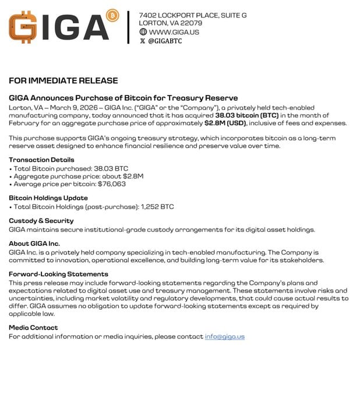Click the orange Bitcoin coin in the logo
point(113,15)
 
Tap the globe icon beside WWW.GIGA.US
point(143,32)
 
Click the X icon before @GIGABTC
point(143,41)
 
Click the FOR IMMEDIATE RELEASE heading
point(63,80)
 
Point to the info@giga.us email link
point(224,337)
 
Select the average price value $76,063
point(111,183)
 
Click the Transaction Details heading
point(41,160)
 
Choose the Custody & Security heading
point(41,221)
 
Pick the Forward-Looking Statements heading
point(58,274)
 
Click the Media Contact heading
point(33,327)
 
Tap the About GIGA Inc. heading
point(34,243)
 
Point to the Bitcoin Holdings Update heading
point(48,198)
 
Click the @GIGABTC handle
point(165,41)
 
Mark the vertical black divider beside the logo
point(128,27)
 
